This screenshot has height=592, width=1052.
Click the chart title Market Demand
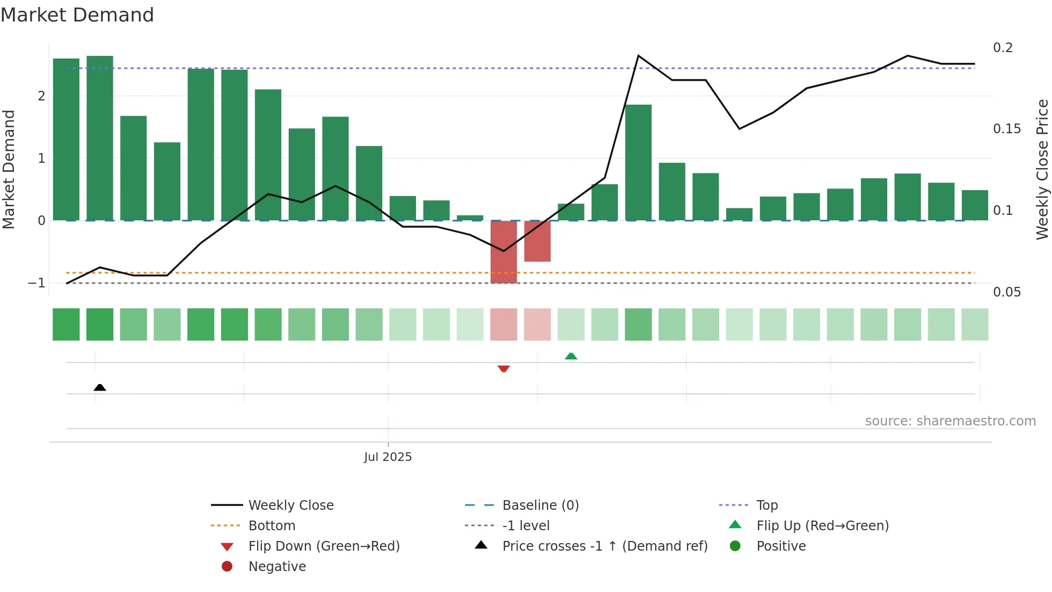(x=77, y=15)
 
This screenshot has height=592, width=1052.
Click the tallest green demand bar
(x=100, y=138)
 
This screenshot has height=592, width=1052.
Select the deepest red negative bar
(x=503, y=252)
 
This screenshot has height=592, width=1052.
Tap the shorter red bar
(x=537, y=241)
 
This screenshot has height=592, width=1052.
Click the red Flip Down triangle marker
(x=503, y=369)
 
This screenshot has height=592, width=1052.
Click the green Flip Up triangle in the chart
(x=571, y=356)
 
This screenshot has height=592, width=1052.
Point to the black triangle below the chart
(x=100, y=387)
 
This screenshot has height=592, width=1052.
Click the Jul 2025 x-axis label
(x=388, y=457)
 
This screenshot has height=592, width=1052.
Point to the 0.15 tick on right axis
(x=1006, y=129)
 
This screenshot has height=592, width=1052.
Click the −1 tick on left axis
(x=36, y=283)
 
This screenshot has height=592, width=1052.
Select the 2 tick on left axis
(x=41, y=96)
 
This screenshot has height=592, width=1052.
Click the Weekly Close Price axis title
(x=1042, y=169)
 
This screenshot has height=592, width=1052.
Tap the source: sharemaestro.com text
(x=950, y=421)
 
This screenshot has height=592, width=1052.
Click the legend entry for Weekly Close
(x=290, y=506)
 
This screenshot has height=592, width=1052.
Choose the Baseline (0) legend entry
(x=540, y=506)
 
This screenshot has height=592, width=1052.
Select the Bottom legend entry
(x=272, y=526)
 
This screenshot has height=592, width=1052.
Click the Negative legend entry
(x=277, y=567)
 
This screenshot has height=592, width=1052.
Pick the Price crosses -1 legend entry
(x=604, y=546)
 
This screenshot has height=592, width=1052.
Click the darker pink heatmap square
(x=503, y=324)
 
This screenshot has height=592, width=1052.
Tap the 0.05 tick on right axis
(x=1006, y=292)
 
